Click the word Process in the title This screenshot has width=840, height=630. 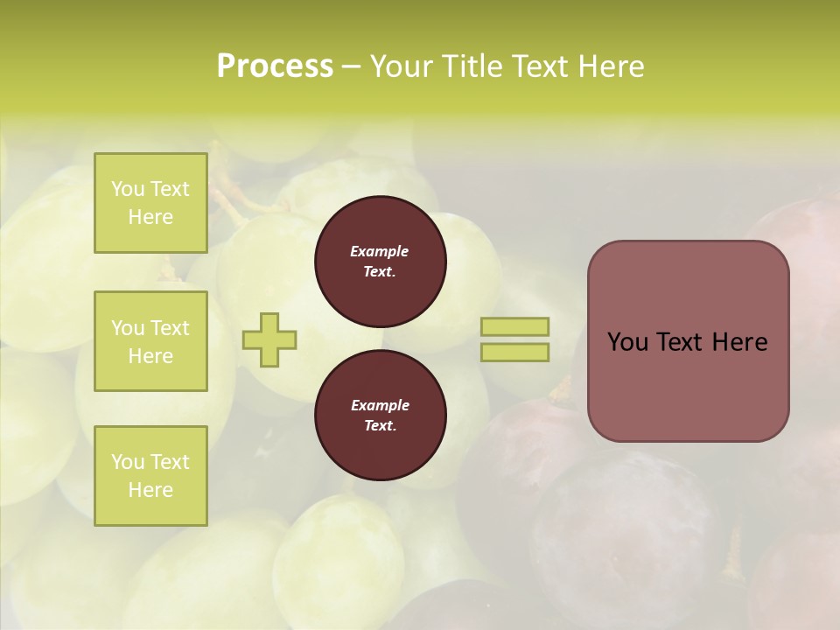coord(275,66)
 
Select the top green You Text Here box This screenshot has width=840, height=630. coord(150,203)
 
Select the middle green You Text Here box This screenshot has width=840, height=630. coord(150,341)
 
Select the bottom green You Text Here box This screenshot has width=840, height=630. coord(150,476)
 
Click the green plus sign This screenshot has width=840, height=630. coord(269,339)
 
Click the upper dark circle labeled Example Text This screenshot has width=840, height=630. coord(380,262)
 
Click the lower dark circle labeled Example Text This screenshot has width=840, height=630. coord(380,416)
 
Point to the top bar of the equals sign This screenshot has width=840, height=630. coord(515,326)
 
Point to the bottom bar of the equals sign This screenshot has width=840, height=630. coord(515,352)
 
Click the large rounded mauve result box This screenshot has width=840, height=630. coord(688,385)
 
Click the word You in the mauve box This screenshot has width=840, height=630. coord(626,342)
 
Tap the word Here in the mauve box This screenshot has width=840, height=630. coord(739,342)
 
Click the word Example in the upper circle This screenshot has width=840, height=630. coord(380,251)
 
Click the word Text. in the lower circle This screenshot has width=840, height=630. coord(380,426)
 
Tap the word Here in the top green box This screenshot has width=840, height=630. coord(150,217)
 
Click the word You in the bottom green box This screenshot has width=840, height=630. coord(128,462)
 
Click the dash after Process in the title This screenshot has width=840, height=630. coord(352,66)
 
